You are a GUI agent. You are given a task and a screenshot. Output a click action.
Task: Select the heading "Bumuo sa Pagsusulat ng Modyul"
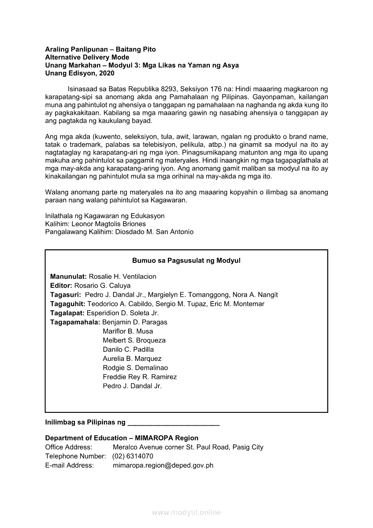pyautogui.click(x=186, y=261)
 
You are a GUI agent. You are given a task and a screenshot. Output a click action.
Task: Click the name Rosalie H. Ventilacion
pyautogui.click(x=122, y=276)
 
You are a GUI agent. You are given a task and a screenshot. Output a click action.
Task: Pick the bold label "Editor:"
pyautogui.click(x=61, y=285)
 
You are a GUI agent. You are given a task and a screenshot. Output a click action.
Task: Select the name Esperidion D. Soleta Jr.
pyautogui.click(x=123, y=313)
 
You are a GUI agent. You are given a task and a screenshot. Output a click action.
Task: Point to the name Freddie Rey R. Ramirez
pyautogui.click(x=140, y=377)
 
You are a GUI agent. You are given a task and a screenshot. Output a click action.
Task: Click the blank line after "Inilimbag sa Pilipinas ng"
pyautogui.click(x=174, y=424)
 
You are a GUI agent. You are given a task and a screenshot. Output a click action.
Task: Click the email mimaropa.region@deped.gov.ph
pyautogui.click(x=163, y=465)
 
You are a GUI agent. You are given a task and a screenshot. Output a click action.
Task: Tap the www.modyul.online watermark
pyautogui.click(x=186, y=512)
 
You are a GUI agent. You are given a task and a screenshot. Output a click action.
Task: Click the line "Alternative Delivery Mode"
pyautogui.click(x=87, y=57)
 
